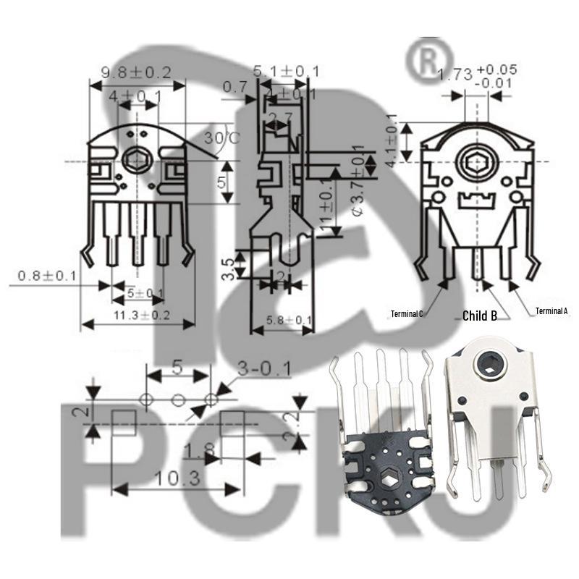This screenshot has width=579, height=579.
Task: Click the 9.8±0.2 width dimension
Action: [135, 72]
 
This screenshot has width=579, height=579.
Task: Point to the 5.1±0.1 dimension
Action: [287, 71]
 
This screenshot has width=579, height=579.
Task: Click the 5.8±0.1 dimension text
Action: [289, 320]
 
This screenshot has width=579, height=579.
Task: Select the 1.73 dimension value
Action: [456, 74]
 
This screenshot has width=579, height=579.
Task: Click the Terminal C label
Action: [407, 313]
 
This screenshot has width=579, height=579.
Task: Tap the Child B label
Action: [480, 316]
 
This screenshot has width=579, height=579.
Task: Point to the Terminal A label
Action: [551, 311]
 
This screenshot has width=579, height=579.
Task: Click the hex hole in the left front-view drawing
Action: [135, 160]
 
